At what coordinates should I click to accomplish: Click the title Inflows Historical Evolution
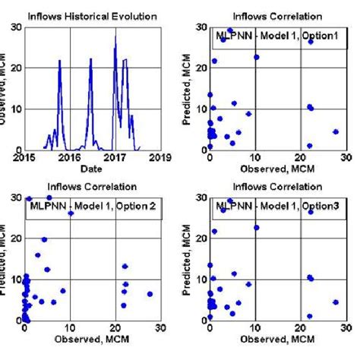(x=91, y=15)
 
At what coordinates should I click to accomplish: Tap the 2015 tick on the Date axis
(x=24, y=157)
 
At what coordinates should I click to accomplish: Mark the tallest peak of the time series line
(x=115, y=35)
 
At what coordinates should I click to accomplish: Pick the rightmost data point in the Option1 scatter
(x=335, y=131)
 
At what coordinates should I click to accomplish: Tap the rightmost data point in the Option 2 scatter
(x=150, y=294)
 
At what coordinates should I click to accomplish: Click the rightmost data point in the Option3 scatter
(x=335, y=302)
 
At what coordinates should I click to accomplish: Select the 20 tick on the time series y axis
(x=17, y=68)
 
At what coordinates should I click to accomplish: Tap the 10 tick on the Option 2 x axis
(x=70, y=328)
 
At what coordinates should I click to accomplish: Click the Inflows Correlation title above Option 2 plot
(x=91, y=185)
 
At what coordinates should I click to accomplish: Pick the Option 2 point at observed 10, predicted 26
(x=71, y=213)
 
